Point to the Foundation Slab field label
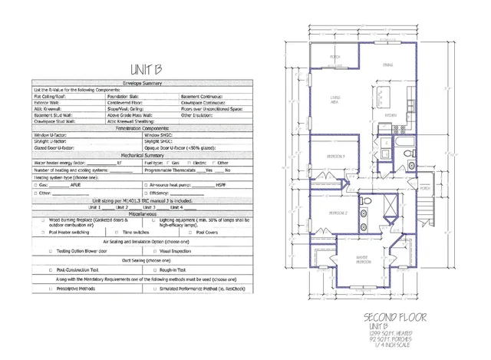tap(125, 96)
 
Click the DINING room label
tap(388, 66)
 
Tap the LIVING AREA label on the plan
tap(335, 99)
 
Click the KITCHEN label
tap(390, 116)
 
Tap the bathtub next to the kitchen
tap(381, 144)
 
